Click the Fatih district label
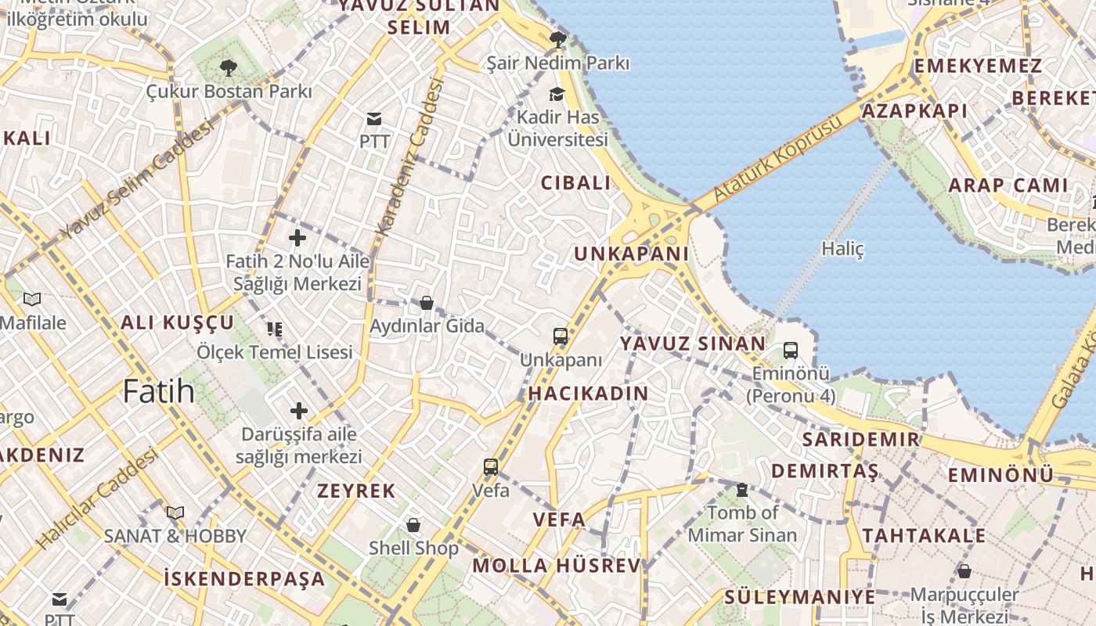[x=158, y=390]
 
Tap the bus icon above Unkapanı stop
[x=561, y=336]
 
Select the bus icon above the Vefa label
[x=491, y=467]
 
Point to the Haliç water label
[x=842, y=249]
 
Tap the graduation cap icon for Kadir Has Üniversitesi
[x=557, y=94]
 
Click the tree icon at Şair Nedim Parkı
[x=557, y=39]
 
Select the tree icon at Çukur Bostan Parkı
[x=229, y=68]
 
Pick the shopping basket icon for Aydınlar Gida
[x=427, y=303]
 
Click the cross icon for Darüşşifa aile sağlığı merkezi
[x=299, y=410]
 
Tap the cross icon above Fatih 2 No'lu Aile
[x=297, y=237]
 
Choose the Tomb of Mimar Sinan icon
[x=741, y=490]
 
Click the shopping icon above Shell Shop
[x=413, y=524]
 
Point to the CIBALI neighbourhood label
[x=575, y=183]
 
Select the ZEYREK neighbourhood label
[x=356, y=491]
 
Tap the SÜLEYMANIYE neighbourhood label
[x=799, y=596]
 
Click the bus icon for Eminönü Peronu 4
[x=791, y=350]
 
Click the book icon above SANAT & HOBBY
[x=175, y=513]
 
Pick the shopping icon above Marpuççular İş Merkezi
[x=964, y=571]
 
